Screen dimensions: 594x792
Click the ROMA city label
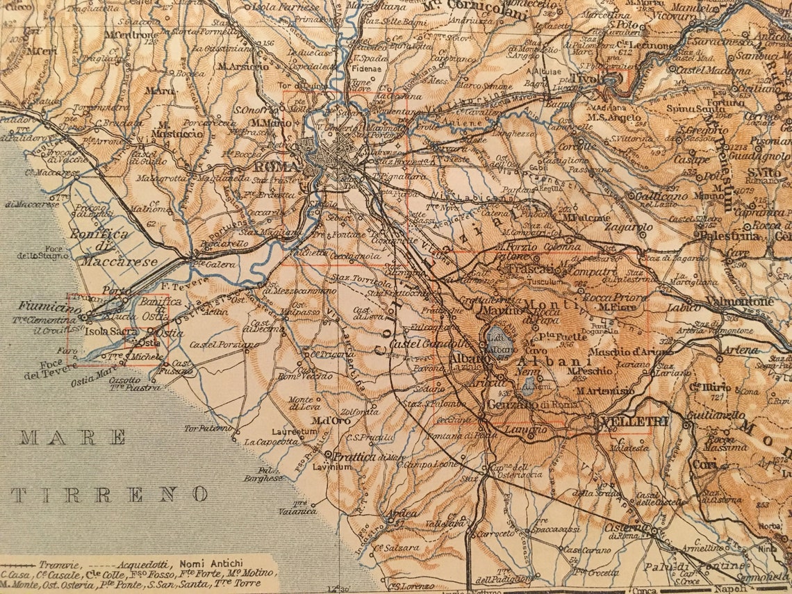click(x=277, y=167)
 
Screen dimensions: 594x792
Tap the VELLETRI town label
click(x=625, y=422)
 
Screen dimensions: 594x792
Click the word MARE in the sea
click(x=73, y=438)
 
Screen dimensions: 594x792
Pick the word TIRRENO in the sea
click(x=110, y=495)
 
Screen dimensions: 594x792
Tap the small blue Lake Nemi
click(x=529, y=384)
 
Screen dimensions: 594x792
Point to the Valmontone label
click(x=739, y=302)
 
